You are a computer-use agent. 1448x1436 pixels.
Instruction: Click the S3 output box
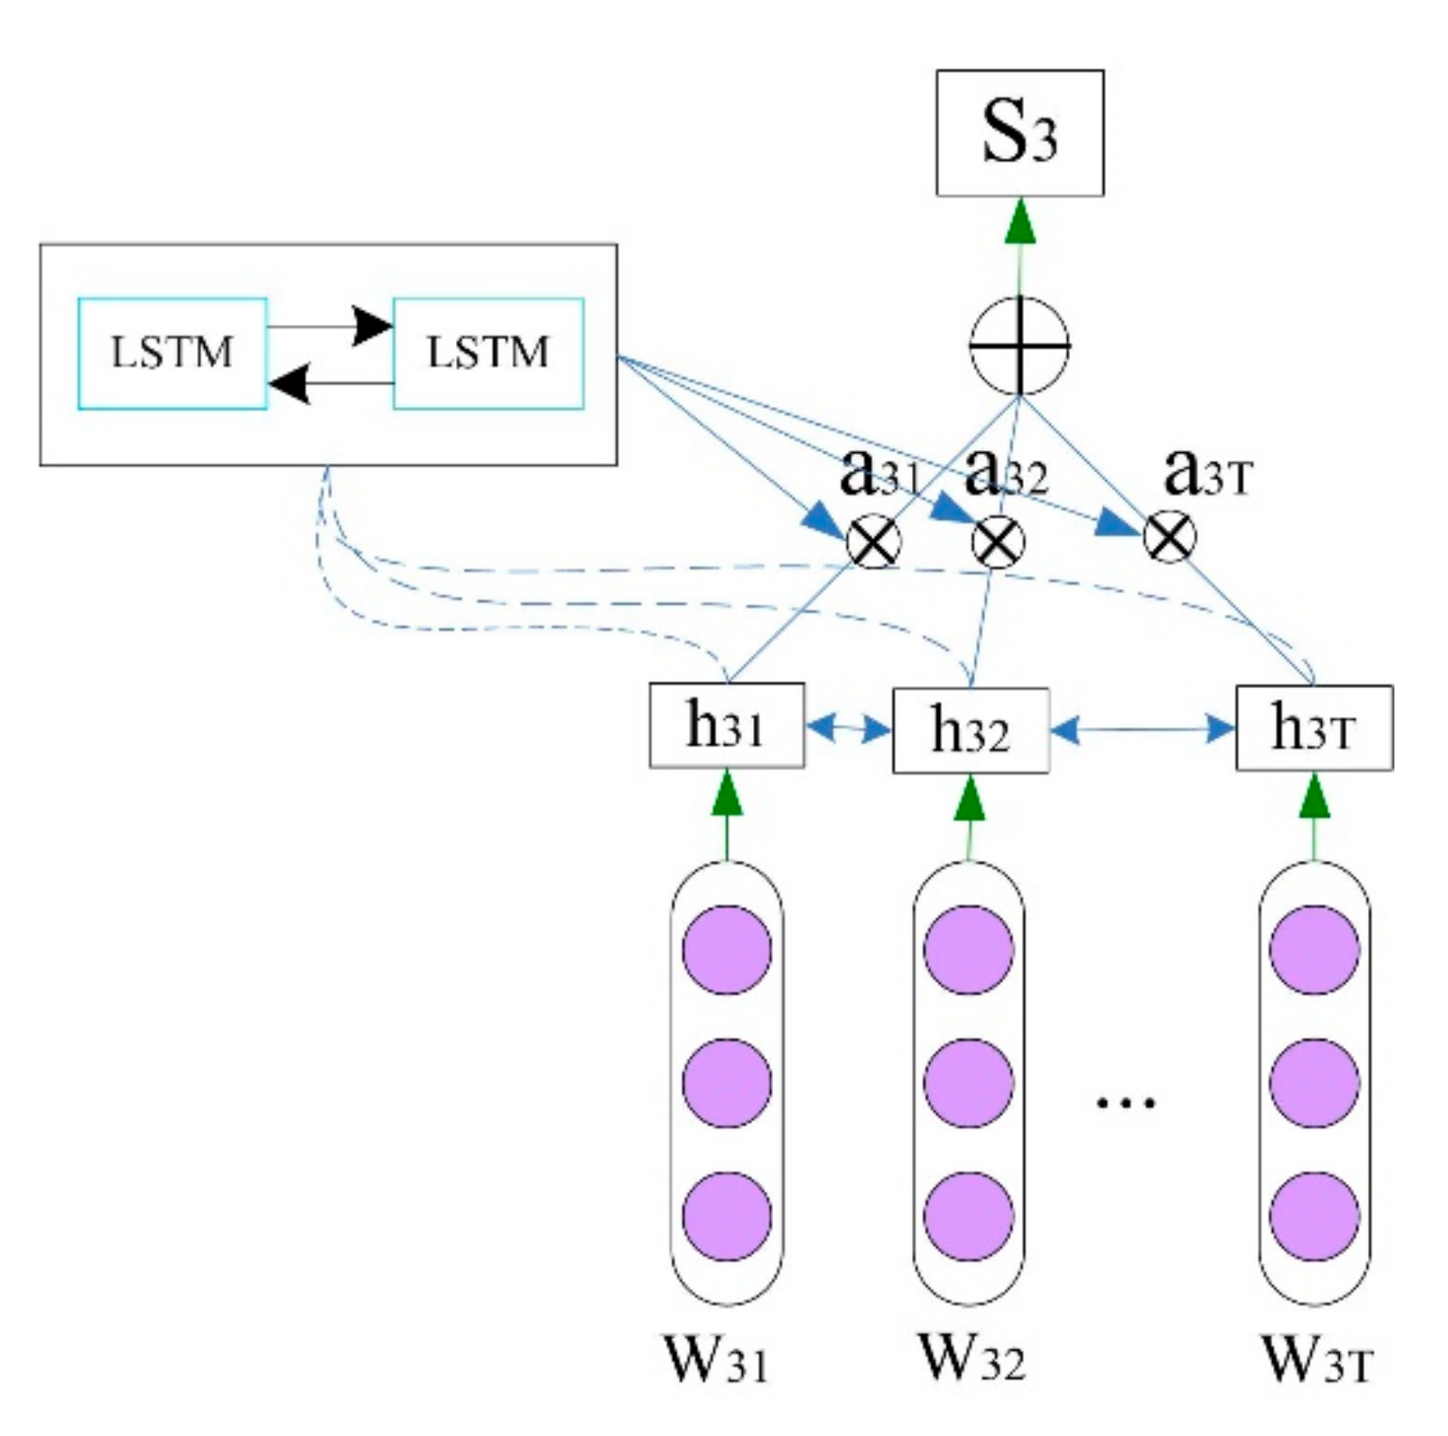tap(1019, 133)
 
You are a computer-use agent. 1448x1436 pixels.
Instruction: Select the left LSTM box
tap(172, 353)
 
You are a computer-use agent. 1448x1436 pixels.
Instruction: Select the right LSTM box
tap(488, 353)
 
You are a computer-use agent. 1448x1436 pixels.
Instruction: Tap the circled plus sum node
tap(1019, 345)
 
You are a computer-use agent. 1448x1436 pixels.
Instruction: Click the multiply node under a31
tap(874, 542)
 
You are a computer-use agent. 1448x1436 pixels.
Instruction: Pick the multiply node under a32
tap(997, 542)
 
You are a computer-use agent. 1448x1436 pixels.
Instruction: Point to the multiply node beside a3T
tap(1170, 538)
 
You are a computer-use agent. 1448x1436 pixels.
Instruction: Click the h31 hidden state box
tap(727, 726)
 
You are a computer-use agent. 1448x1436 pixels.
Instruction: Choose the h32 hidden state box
tap(970, 730)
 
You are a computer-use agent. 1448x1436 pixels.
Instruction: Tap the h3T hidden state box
tap(1314, 728)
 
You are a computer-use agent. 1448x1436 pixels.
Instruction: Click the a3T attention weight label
tap(1207, 473)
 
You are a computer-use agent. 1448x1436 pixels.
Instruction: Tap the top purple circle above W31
tap(727, 949)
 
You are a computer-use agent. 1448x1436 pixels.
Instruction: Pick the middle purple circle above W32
tap(968, 1083)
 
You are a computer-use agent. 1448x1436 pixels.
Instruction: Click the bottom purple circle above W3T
tap(1314, 1216)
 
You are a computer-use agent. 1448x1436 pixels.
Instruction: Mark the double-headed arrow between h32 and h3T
tap(1142, 729)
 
